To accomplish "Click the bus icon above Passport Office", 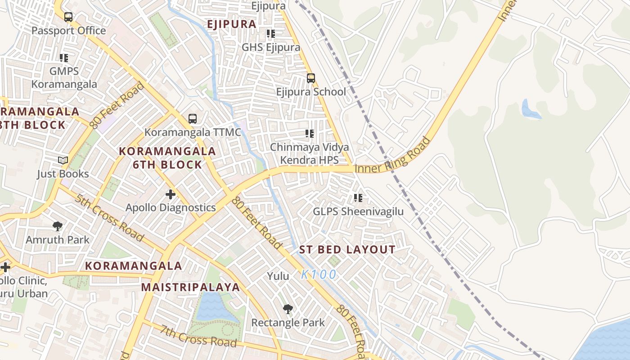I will pyautogui.click(x=68, y=17).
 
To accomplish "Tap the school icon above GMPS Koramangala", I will pyautogui.click(x=64, y=58).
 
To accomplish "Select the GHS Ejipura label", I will pyautogui.click(x=271, y=47).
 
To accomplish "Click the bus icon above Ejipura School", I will pyautogui.click(x=310, y=78).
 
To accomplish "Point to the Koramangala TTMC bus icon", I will pyautogui.click(x=193, y=119).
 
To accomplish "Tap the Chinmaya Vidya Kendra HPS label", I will pyautogui.click(x=309, y=153).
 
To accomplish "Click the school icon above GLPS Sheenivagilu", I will pyautogui.click(x=358, y=198).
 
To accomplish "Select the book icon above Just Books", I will pyautogui.click(x=63, y=160).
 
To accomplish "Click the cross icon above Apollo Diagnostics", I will pyautogui.click(x=171, y=194).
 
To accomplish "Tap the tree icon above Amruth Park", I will pyautogui.click(x=57, y=226).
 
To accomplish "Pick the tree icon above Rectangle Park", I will pyautogui.click(x=288, y=309).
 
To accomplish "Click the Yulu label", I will pyautogui.click(x=278, y=276).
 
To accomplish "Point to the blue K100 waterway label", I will pyautogui.click(x=319, y=274).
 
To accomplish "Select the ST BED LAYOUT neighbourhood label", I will pyautogui.click(x=347, y=250).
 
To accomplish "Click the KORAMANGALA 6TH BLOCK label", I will pyautogui.click(x=167, y=157).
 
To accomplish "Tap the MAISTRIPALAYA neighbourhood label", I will pyautogui.click(x=191, y=287).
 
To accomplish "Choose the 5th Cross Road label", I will pyautogui.click(x=109, y=218).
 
